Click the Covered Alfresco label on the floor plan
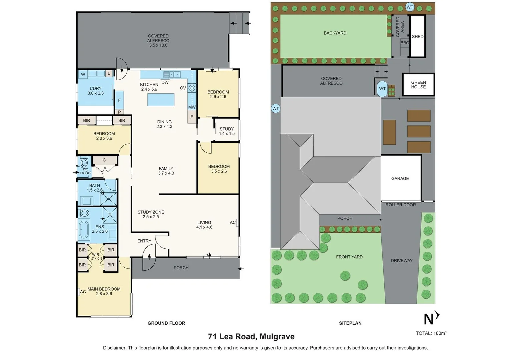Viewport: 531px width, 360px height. coord(158,40)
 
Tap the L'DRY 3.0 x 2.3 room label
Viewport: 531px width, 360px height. coord(95,91)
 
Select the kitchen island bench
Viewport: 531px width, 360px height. coord(161,99)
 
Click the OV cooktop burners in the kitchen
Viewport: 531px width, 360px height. coord(192,88)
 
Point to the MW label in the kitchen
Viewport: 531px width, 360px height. coord(192,107)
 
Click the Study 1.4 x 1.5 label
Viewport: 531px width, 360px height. coord(227,131)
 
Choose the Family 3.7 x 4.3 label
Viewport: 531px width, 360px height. coord(166,171)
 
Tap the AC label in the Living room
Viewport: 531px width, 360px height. coord(233,222)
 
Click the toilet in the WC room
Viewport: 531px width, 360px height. coord(84,163)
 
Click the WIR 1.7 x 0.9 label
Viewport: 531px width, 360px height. coord(96,256)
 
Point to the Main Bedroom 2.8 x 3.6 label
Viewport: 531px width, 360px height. coord(104,291)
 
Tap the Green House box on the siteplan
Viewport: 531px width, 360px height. coord(418,84)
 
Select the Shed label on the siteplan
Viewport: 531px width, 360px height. coord(418,37)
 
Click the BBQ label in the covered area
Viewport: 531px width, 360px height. coord(405,43)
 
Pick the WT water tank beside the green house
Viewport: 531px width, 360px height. coord(382,89)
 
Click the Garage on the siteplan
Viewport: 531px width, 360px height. coord(400,178)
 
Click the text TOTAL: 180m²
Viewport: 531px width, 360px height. coord(431,333)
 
